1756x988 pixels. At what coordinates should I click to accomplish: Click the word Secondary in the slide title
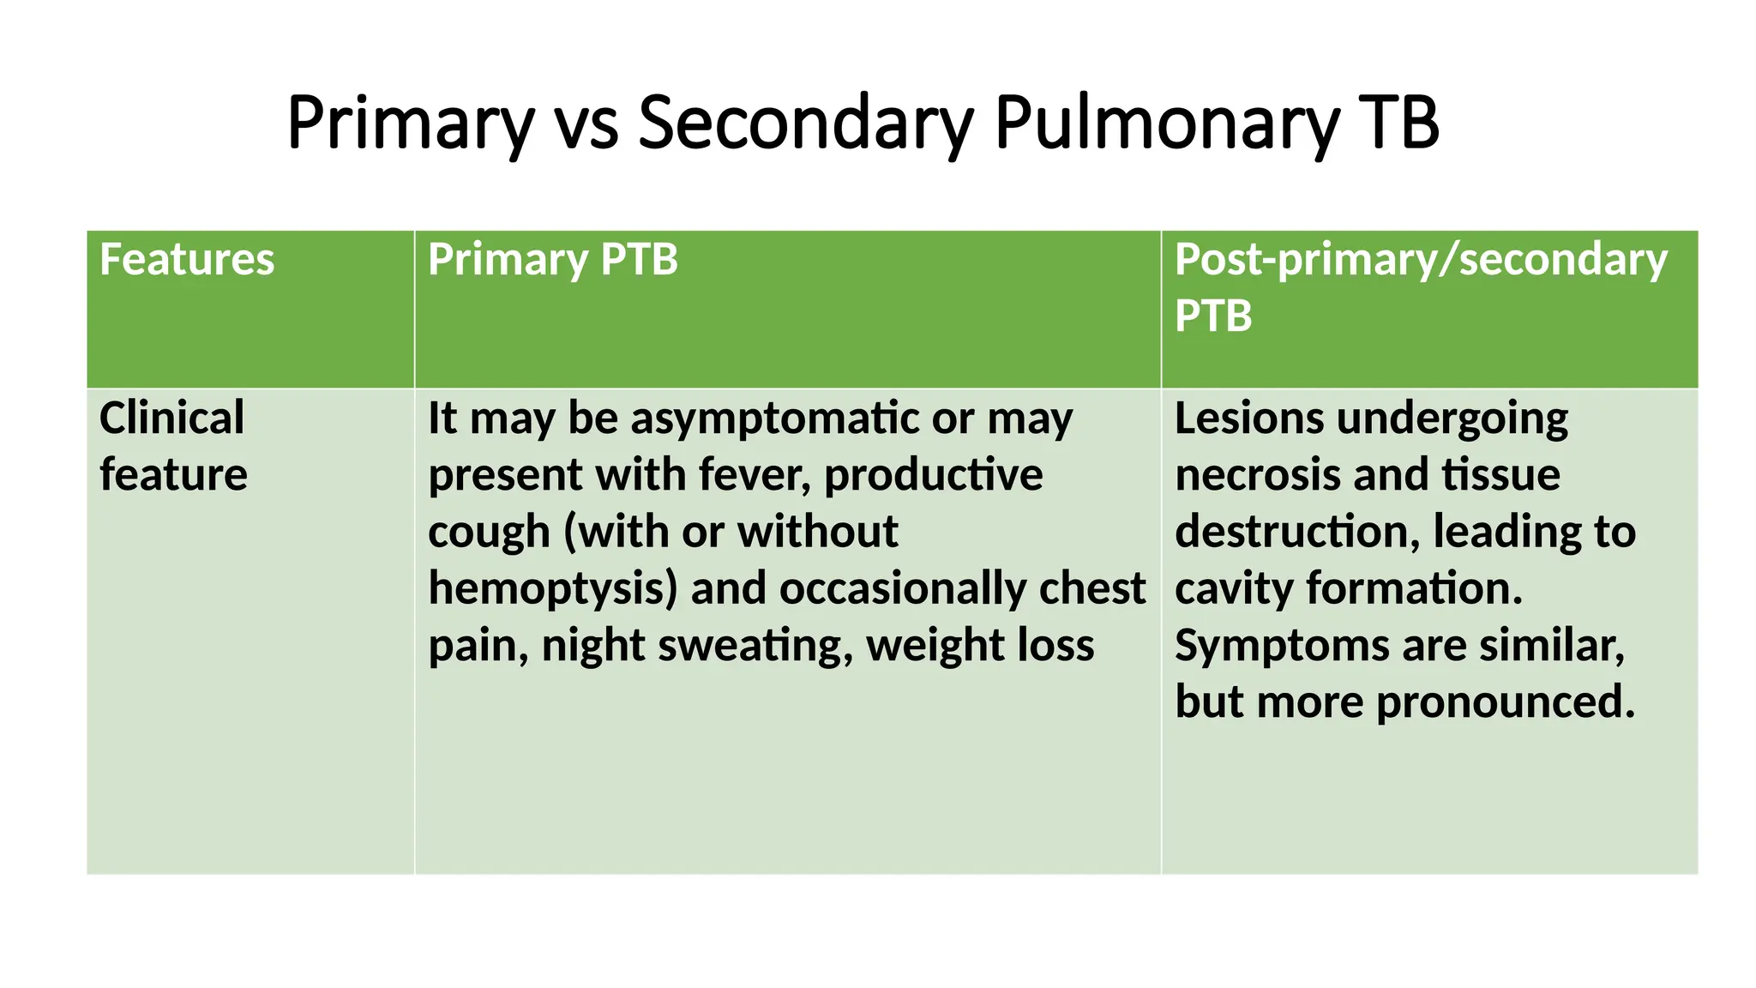point(805,123)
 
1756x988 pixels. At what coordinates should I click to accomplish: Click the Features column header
point(187,259)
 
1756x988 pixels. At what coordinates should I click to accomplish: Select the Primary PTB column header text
point(553,259)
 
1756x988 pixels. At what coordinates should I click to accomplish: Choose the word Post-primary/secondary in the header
point(1421,259)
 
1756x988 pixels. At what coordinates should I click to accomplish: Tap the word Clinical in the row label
point(171,418)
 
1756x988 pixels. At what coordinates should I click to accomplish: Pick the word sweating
point(755,645)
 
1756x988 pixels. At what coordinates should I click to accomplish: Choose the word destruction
point(1292,531)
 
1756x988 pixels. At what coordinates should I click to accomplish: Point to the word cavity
point(1234,588)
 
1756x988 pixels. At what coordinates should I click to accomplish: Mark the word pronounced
point(1506,702)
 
